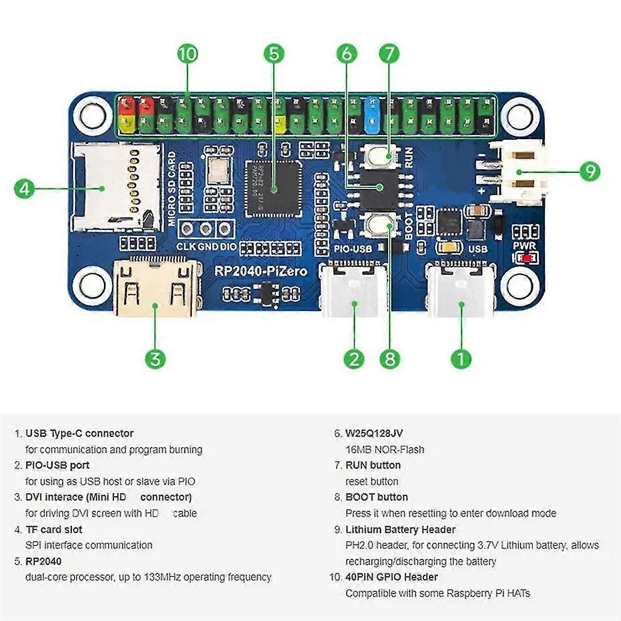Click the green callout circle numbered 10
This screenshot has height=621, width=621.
(x=188, y=54)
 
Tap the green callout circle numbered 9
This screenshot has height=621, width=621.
(x=589, y=171)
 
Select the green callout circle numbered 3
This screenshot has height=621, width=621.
(x=155, y=359)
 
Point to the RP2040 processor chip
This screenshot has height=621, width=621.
(x=273, y=188)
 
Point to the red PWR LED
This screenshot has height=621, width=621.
(x=527, y=258)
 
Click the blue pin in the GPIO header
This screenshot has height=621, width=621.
(x=372, y=114)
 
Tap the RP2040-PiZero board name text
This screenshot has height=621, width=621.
(x=261, y=271)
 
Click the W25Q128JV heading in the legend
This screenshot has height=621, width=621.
(x=374, y=434)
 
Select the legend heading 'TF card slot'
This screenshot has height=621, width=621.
(x=54, y=529)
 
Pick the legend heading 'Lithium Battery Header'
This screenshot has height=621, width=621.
(x=401, y=529)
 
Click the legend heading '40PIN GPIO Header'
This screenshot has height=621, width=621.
(x=392, y=577)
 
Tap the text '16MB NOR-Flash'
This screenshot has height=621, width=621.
(x=385, y=450)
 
